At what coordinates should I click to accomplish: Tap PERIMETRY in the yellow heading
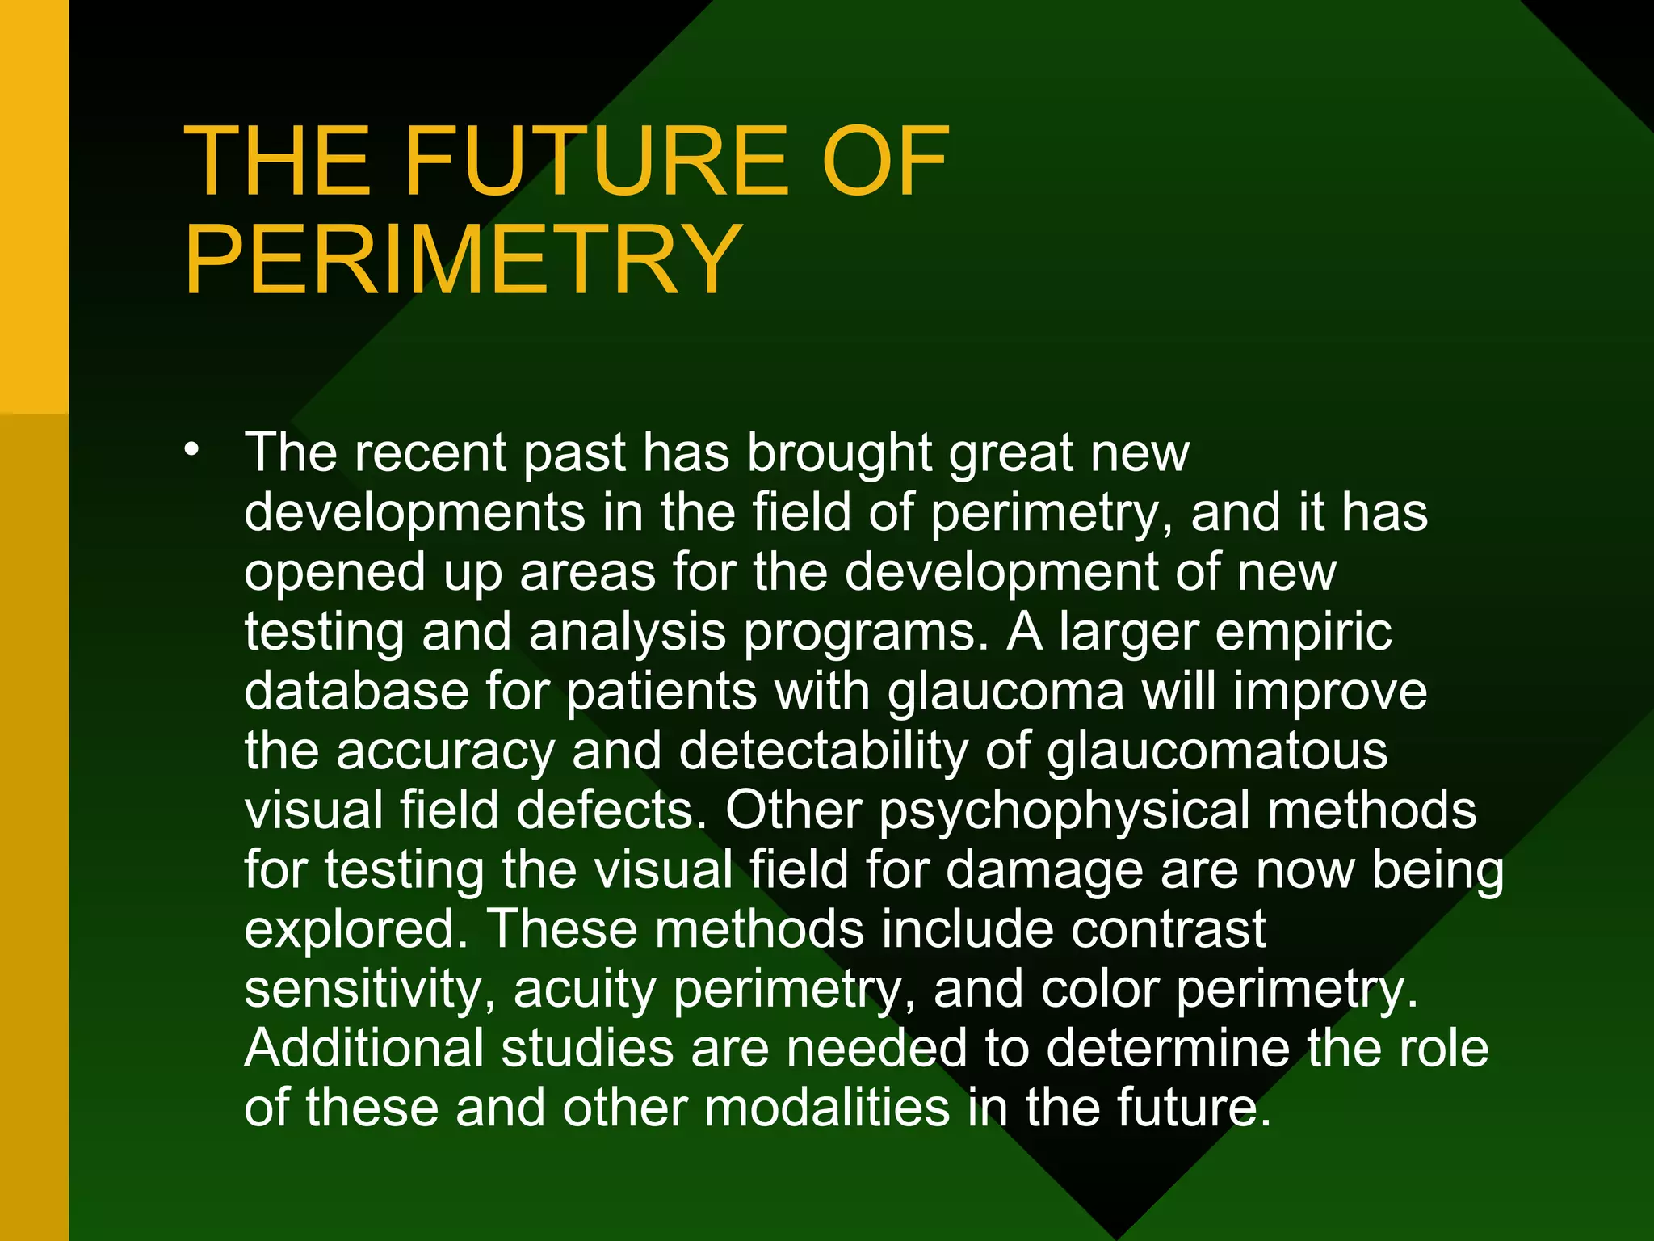[x=464, y=260]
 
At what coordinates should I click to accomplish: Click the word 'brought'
[x=839, y=454]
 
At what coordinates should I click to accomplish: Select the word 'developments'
[x=414, y=514]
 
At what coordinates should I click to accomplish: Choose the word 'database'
[x=356, y=692]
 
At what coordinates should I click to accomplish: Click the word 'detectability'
[x=823, y=752]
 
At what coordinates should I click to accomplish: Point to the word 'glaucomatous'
[x=1217, y=752]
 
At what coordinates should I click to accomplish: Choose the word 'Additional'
[x=364, y=1049]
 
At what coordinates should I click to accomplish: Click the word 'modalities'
[x=827, y=1108]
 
